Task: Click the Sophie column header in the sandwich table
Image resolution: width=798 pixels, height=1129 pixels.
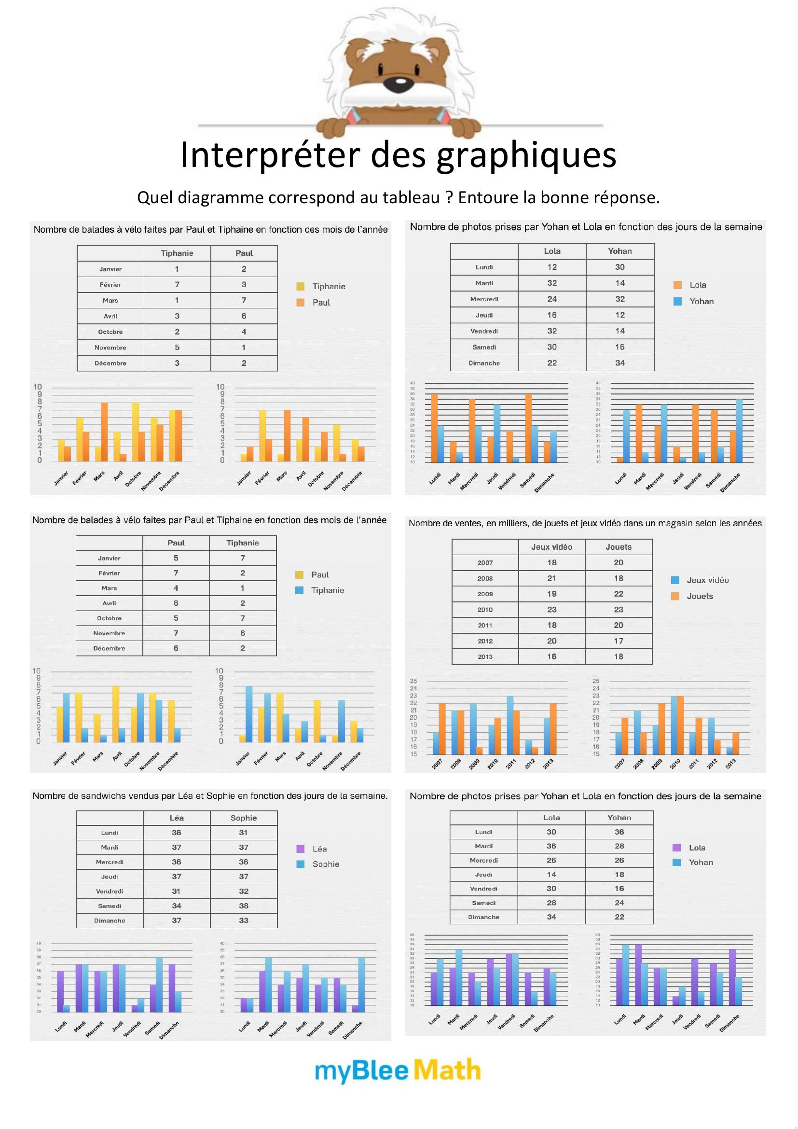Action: pyautogui.click(x=244, y=818)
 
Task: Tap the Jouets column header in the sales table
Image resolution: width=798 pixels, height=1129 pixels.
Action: pyautogui.click(x=618, y=547)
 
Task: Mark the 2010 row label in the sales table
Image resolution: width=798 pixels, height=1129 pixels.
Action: pyautogui.click(x=485, y=610)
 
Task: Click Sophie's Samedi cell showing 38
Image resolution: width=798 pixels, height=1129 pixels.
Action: pyautogui.click(x=244, y=906)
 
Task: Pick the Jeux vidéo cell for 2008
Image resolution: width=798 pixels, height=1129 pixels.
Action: pyautogui.click(x=551, y=578)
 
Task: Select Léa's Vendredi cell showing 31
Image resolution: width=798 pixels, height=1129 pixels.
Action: pyautogui.click(x=176, y=891)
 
